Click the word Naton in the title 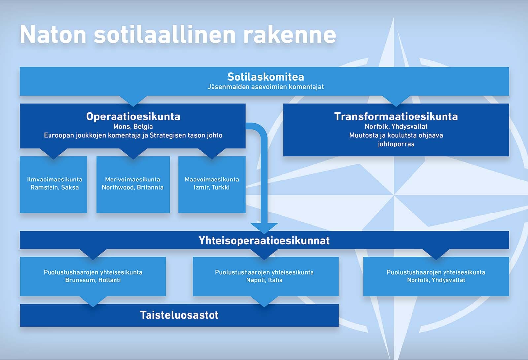[x=53, y=34]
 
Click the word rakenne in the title [x=289, y=34]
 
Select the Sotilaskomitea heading [x=266, y=77]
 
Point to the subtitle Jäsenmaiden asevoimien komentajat [x=266, y=87]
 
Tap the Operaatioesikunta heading [x=133, y=116]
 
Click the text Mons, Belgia [x=133, y=127]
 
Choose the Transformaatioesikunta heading [x=396, y=116]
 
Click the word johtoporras [x=396, y=144]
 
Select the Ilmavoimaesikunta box [x=53, y=184]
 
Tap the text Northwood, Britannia [x=132, y=187]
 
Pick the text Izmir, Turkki [x=212, y=187]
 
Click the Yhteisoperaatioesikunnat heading [x=264, y=240]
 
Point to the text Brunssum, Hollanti [x=93, y=280]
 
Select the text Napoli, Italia [x=264, y=280]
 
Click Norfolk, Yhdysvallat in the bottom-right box [x=436, y=280]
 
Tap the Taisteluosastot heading [x=179, y=315]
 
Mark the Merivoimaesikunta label [x=132, y=180]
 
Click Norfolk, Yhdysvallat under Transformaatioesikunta [x=396, y=127]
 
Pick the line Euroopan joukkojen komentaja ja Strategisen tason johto [x=133, y=135]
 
